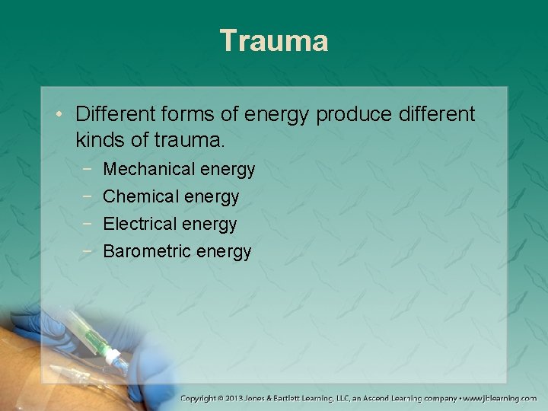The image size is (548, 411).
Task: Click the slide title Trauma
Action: pyautogui.click(x=274, y=40)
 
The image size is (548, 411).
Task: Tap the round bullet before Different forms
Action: pyautogui.click(x=60, y=116)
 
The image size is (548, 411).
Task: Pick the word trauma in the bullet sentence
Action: pyautogui.click(x=186, y=140)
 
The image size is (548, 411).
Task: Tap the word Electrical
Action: pyautogui.click(x=137, y=224)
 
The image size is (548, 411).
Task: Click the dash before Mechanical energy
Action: pyautogui.click(x=90, y=169)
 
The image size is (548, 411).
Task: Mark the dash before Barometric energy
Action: pyautogui.click(x=90, y=251)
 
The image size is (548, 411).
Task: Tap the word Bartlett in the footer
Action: pyautogui.click(x=297, y=398)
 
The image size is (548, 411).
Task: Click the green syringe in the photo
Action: pyautogui.click(x=95, y=334)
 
